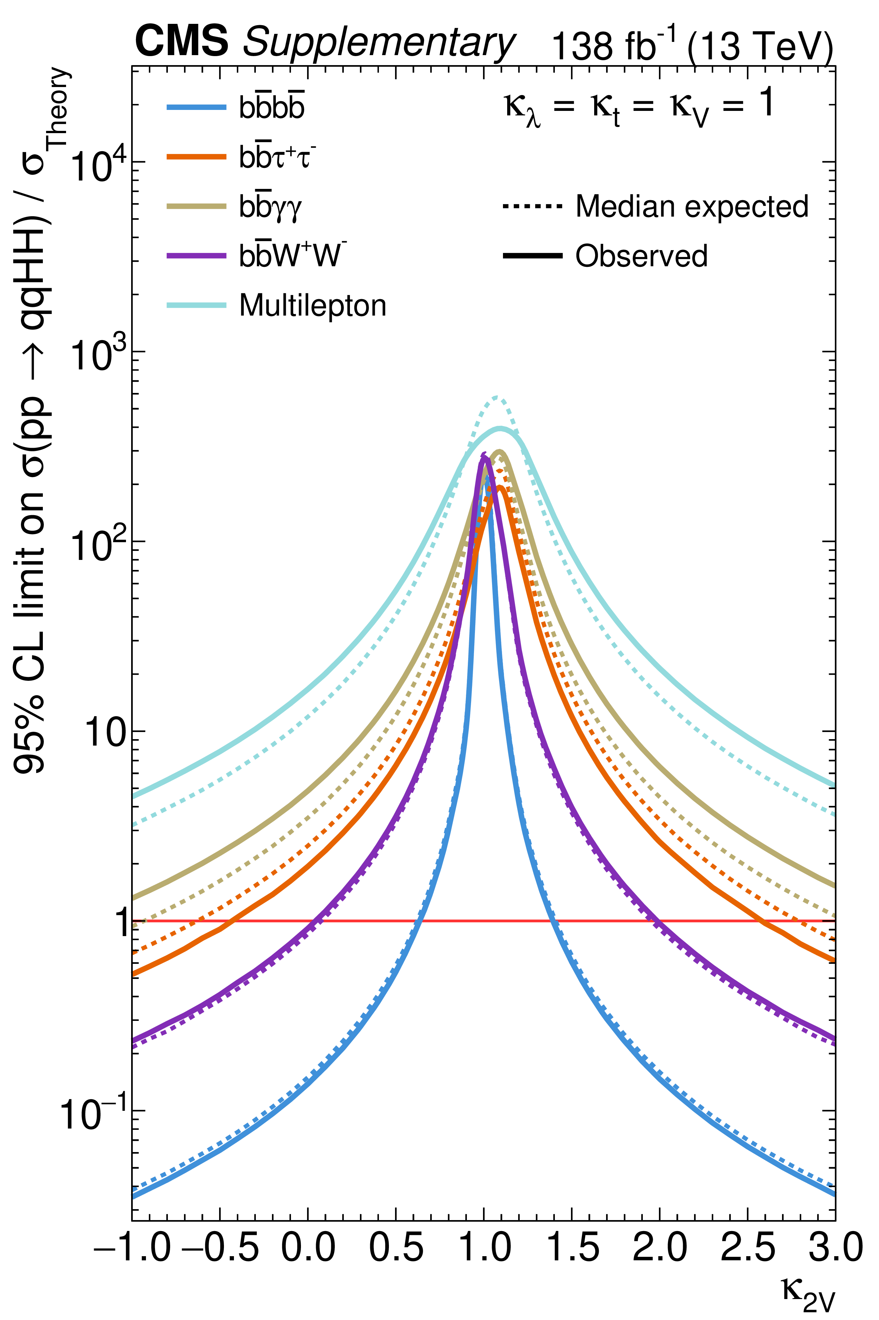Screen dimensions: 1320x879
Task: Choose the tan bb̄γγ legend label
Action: [271, 207]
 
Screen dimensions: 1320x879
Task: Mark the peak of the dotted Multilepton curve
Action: [497, 397]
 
